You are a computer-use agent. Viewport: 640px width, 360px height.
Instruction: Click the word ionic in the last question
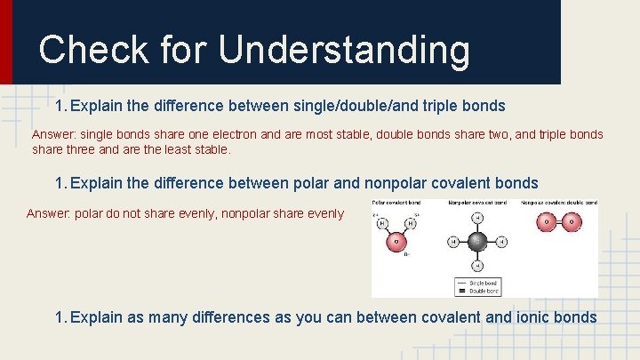pos(527,318)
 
